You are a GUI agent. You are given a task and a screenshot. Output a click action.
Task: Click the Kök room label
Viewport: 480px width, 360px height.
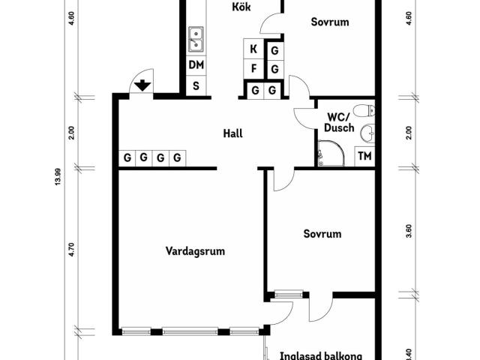coord(241,7)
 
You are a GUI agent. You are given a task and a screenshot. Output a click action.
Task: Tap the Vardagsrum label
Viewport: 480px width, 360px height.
coord(195,251)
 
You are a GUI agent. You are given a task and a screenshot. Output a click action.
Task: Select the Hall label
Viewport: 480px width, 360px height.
coord(233,133)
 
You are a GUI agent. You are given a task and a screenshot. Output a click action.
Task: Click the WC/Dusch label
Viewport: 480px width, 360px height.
coord(339,122)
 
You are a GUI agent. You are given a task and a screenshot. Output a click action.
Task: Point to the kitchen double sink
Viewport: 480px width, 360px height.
coord(196,39)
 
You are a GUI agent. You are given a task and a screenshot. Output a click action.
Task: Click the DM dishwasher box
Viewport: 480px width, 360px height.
coord(196,65)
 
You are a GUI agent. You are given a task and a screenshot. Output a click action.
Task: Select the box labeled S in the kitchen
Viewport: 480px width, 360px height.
coord(196,86)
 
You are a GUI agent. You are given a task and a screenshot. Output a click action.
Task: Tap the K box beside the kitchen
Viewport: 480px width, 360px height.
coord(253,49)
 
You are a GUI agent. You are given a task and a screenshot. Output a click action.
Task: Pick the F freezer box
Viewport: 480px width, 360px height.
coord(253,68)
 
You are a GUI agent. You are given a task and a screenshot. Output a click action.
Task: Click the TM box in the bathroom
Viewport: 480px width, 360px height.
coord(364,156)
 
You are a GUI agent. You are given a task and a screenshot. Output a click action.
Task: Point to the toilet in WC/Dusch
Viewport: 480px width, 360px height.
coord(364,110)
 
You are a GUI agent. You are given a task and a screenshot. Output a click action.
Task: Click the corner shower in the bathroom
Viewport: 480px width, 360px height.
coord(331,153)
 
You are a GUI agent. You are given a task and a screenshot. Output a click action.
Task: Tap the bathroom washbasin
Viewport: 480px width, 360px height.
coord(367,133)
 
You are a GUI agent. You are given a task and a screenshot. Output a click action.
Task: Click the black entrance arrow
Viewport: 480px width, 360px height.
coord(142,85)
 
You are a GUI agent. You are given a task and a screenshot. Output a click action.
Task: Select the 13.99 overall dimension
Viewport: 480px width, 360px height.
coord(58,177)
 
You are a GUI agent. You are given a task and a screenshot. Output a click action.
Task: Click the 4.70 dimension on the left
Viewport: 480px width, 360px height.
coord(71,250)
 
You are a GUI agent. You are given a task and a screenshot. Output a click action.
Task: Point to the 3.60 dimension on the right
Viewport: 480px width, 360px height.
coord(409,231)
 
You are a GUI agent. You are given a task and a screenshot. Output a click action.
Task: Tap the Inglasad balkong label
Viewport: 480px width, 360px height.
coord(321,356)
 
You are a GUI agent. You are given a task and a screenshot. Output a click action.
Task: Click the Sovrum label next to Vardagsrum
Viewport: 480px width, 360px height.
coord(322,234)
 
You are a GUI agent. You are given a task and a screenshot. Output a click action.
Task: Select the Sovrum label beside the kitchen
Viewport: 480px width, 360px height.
coord(330,22)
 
